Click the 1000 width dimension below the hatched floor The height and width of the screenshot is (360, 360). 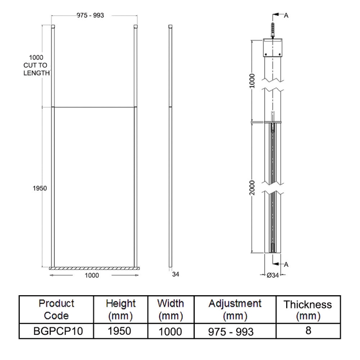tap(92, 276)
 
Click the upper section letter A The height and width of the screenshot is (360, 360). tap(286, 15)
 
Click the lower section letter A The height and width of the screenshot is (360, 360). tap(286, 265)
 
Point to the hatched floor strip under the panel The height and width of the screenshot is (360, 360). tap(94, 269)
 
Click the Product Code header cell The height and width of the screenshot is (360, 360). tap(56, 309)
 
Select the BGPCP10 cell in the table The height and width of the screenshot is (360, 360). tap(56, 331)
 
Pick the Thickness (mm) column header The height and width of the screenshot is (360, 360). tap(308, 310)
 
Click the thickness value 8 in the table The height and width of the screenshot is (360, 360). tap(308, 331)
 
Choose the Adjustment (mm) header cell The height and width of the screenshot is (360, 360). tap(234, 309)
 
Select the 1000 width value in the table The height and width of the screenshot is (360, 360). tap(170, 332)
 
